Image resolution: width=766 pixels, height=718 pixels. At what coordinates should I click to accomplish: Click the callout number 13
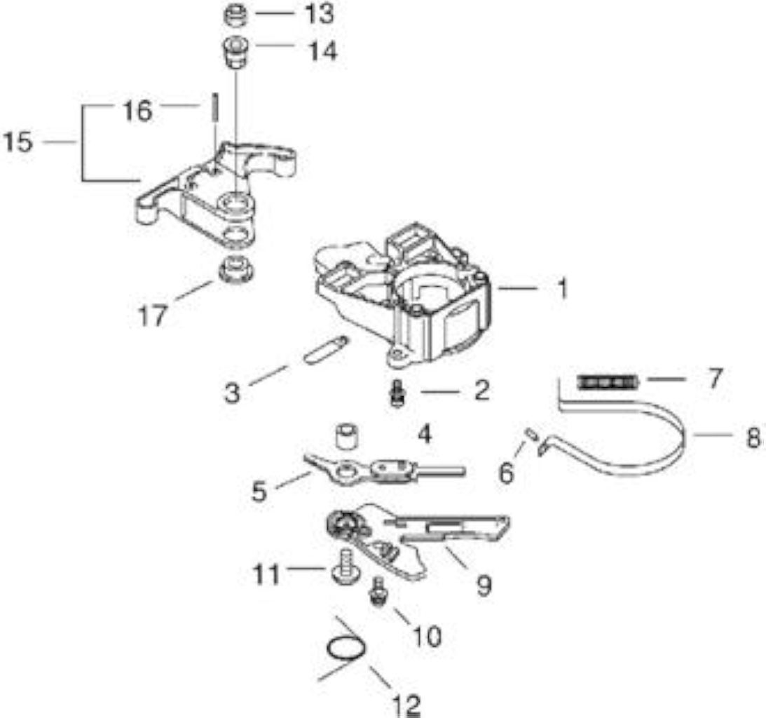point(319,13)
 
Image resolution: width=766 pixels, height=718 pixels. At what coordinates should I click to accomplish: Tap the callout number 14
point(322,50)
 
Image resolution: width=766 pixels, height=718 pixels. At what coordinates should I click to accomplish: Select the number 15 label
point(18,142)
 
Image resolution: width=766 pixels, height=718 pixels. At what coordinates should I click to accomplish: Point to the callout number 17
point(153,316)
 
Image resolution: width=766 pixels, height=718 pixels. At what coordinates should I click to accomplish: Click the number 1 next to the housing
point(563,288)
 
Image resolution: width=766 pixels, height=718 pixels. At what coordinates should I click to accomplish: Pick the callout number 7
point(715,378)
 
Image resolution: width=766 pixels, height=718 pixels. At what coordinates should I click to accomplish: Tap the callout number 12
point(406,705)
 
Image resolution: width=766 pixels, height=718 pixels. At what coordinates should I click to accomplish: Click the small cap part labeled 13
point(235,15)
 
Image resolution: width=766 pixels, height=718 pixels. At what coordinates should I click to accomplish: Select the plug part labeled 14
point(235,53)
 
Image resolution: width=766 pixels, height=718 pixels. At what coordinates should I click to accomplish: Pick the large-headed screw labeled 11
point(344,566)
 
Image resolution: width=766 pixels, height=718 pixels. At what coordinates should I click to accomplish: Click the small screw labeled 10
point(377,592)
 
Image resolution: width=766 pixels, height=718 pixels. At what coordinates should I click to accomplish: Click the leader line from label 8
point(710,433)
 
